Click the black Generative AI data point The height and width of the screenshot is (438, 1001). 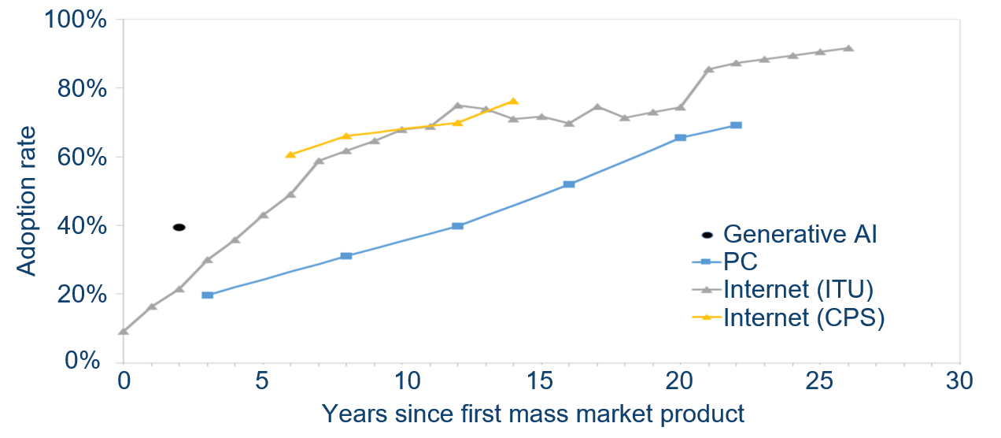click(x=179, y=227)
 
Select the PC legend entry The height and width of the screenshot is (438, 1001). click(x=741, y=262)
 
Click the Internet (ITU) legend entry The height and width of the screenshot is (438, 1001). click(x=798, y=289)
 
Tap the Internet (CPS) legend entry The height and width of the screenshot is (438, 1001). click(x=803, y=317)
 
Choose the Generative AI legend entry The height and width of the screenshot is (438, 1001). click(x=800, y=234)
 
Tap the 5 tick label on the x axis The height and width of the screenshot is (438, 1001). click(x=263, y=382)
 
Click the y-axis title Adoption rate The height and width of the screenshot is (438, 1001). click(x=27, y=202)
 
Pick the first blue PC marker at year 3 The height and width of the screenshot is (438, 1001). click(x=208, y=295)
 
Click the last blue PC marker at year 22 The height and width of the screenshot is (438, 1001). click(x=736, y=125)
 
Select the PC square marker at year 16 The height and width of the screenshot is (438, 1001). click(x=569, y=184)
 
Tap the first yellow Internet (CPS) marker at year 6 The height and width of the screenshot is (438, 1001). click(x=290, y=154)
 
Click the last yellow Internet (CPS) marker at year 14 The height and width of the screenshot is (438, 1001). click(x=513, y=101)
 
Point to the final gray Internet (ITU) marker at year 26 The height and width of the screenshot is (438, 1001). click(x=848, y=48)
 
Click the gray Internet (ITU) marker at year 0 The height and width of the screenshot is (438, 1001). click(x=124, y=331)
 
